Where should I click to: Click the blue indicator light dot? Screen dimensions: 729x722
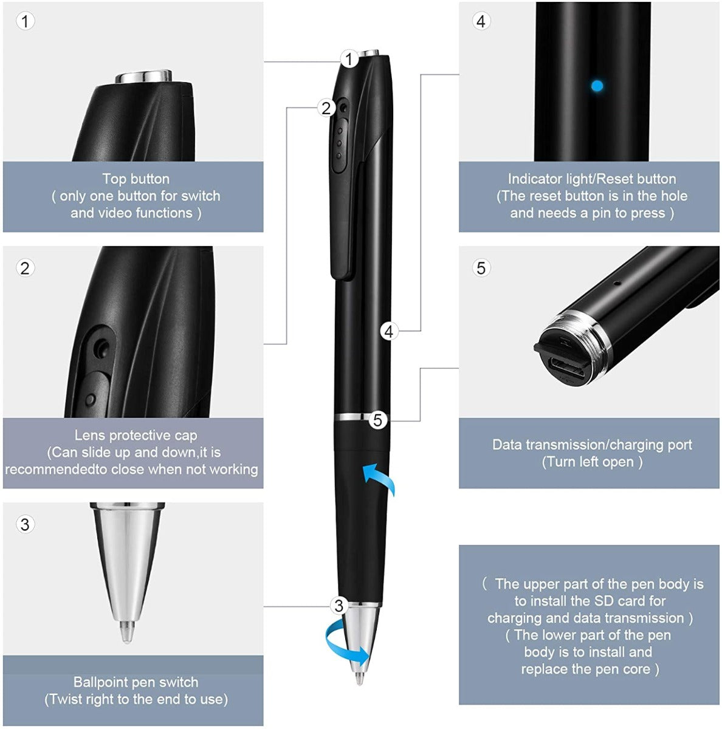pyautogui.click(x=597, y=86)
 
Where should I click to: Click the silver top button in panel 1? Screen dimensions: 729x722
pyautogui.click(x=144, y=77)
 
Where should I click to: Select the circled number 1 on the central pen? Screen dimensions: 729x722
pyautogui.click(x=348, y=59)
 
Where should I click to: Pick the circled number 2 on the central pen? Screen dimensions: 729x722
pyautogui.click(x=326, y=108)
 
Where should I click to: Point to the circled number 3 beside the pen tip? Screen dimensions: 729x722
pyautogui.click(x=339, y=605)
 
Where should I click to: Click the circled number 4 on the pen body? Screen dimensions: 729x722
pyautogui.click(x=389, y=331)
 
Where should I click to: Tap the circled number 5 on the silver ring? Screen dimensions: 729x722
pyautogui.click(x=378, y=420)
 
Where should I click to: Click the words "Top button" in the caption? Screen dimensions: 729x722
pyautogui.click(x=136, y=179)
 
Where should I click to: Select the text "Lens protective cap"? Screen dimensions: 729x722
pyautogui.click(x=136, y=435)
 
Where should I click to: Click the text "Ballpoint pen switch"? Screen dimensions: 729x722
pyautogui.click(x=136, y=682)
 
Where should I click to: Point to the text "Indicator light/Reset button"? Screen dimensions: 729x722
pyautogui.click(x=591, y=179)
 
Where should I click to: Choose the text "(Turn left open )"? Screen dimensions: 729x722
pyautogui.click(x=591, y=462)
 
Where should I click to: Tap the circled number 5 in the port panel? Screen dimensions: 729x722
pyautogui.click(x=481, y=268)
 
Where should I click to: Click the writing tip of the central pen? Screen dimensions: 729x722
pyautogui.click(x=359, y=679)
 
